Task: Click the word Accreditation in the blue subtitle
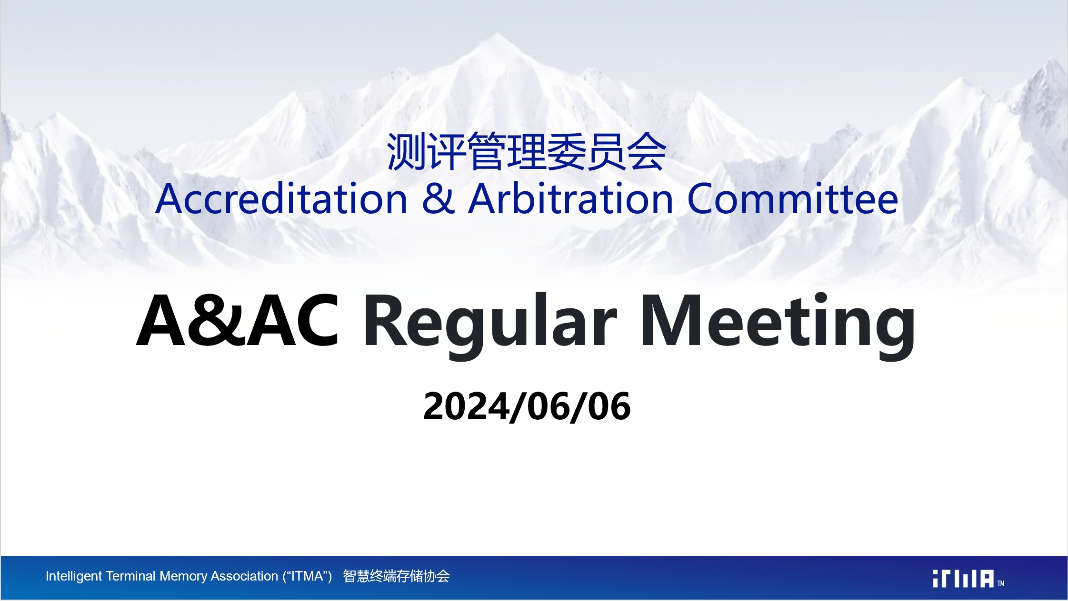click(281, 198)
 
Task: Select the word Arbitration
click(571, 198)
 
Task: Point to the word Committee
click(793, 198)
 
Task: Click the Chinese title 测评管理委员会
click(526, 152)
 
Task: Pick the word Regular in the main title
click(490, 325)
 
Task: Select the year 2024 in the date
click(466, 407)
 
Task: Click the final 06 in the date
click(609, 407)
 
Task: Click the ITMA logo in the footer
click(963, 579)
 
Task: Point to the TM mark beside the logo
click(1001, 583)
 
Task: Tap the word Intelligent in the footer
click(74, 576)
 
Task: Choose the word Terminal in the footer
click(131, 576)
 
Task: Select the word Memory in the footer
click(183, 577)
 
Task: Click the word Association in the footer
click(244, 576)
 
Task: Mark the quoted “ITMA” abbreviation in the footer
click(307, 576)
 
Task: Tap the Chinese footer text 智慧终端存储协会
click(396, 576)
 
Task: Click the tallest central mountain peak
click(497, 34)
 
